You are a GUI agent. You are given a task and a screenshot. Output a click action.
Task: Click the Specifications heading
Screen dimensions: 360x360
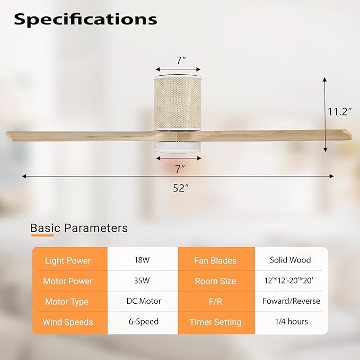[x=85, y=19]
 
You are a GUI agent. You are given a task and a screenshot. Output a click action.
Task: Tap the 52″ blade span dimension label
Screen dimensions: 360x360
[x=180, y=188]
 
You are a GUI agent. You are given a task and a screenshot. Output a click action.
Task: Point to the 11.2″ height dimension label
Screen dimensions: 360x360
[x=340, y=111]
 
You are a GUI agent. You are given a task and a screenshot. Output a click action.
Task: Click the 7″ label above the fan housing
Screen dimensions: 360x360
[x=180, y=60]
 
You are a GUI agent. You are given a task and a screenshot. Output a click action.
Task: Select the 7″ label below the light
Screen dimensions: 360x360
[x=180, y=169]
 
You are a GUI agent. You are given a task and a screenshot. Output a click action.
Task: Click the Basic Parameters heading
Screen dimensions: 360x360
[x=79, y=229]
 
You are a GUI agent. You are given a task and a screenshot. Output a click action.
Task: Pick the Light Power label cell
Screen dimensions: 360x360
[x=68, y=260]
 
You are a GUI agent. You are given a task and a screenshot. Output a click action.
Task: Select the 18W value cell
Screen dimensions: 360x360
[x=142, y=260]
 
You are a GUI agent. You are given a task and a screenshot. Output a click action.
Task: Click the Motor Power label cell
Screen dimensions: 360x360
[x=68, y=281]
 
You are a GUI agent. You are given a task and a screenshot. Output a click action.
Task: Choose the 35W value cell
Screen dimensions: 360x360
[x=142, y=280]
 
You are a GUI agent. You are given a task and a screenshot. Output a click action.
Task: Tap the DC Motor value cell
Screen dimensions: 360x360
[x=142, y=301]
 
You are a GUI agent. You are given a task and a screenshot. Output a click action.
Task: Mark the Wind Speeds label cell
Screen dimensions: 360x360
[x=68, y=322]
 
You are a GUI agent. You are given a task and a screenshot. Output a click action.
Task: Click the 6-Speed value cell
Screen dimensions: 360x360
[x=142, y=321]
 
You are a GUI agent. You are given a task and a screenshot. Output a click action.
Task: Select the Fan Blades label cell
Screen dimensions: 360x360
[x=215, y=260]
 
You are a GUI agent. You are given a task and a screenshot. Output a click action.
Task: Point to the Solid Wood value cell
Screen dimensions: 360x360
[x=291, y=260]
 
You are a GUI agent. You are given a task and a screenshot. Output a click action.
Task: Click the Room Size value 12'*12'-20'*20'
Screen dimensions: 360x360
[x=291, y=281]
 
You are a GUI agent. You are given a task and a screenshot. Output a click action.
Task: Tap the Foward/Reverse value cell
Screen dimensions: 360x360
[x=291, y=301]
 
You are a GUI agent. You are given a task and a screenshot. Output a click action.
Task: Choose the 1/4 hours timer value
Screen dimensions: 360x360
[x=291, y=321]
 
